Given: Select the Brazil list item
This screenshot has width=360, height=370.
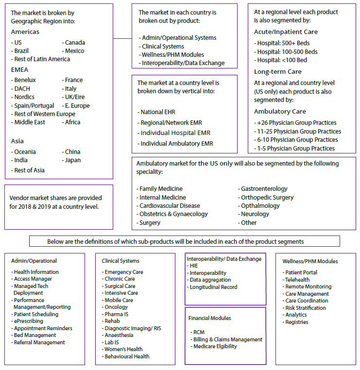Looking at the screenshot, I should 22,50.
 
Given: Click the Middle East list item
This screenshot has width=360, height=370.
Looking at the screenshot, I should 30,122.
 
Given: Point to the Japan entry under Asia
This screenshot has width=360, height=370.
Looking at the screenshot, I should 72,160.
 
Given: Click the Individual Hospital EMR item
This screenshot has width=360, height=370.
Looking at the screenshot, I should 175,133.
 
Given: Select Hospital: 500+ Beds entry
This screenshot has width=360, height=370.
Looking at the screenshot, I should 283,43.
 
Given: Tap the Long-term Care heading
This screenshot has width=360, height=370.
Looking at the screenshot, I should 277,71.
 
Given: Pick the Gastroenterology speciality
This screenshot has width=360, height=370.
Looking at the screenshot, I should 264,189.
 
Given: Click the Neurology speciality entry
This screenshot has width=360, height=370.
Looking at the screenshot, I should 255,214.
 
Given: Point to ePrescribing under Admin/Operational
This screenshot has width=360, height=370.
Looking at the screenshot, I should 28,321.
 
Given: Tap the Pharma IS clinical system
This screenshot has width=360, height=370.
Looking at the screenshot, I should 118,314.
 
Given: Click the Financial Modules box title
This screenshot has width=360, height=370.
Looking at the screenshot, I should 209,318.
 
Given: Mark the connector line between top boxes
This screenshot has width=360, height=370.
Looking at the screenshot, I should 122,38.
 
